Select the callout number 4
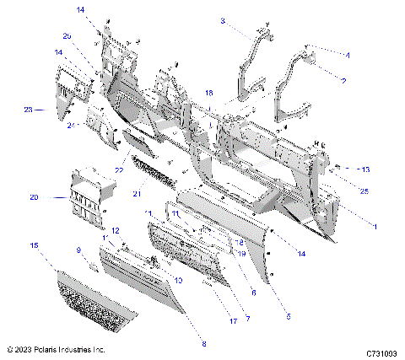[347, 54]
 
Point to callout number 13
[365, 169]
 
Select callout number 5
[288, 316]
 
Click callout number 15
[34, 245]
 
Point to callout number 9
[78, 250]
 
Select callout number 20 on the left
[34, 197]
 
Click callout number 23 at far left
[28, 110]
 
